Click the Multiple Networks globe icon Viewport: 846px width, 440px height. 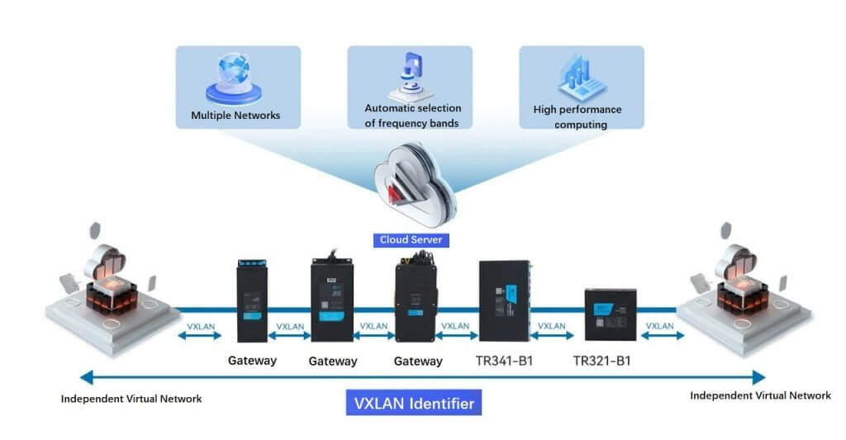235,78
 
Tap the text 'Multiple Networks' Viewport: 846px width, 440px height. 235,116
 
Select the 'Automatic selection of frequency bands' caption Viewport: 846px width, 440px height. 412,116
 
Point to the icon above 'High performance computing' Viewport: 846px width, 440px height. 582,78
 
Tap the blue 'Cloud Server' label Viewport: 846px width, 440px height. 411,240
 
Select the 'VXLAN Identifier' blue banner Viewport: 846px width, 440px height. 414,404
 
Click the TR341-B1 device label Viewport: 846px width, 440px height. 505,361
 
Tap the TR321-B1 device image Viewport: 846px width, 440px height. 610,314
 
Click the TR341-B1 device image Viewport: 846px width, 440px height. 504,301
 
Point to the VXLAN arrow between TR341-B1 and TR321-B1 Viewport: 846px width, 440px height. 552,331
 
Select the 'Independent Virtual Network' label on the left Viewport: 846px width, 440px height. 131,399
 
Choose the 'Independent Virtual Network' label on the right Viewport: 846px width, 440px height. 760,395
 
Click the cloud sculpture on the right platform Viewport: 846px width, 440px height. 735,264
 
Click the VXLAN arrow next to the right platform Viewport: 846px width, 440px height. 658,331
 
